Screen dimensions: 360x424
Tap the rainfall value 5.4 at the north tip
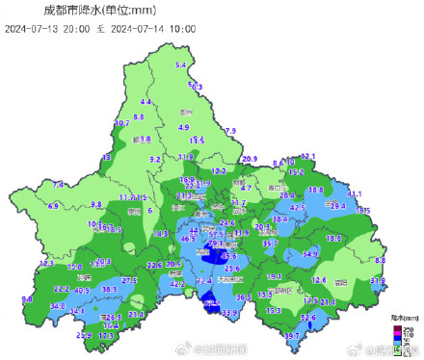click(179, 64)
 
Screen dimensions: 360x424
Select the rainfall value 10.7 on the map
click(122, 123)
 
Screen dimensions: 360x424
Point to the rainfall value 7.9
click(229, 130)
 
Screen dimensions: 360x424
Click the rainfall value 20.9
click(249, 158)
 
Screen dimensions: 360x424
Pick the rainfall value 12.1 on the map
click(308, 155)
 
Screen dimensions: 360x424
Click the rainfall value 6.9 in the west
click(53, 206)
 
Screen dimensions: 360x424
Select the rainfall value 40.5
click(82, 290)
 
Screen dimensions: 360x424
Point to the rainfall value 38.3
click(109, 289)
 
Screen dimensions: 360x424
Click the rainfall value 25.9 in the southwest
click(83, 335)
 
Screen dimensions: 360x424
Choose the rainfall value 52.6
click(308, 317)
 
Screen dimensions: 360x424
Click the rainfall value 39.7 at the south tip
click(291, 335)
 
